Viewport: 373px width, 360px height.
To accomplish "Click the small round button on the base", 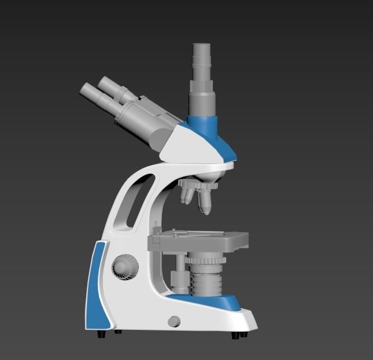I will (173, 321).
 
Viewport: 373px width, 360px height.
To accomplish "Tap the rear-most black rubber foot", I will (102, 334).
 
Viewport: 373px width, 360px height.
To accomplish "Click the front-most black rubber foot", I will (238, 335).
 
